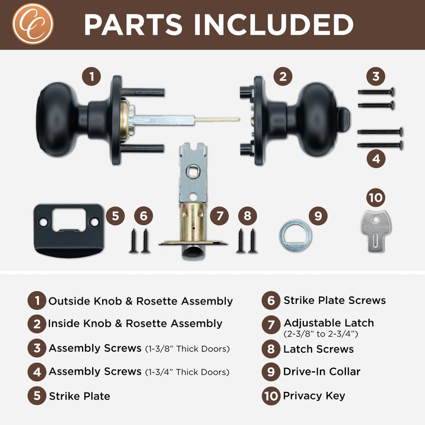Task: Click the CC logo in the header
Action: pos(33,24)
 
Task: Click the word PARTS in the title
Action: pos(133,24)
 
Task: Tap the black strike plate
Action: pos(69,230)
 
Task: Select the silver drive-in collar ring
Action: pos(296,236)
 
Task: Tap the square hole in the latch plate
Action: pos(193,172)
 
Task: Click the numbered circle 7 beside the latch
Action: pos(219,216)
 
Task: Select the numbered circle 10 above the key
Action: pos(375,198)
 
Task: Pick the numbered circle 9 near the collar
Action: pos(318,216)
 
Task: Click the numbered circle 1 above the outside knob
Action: pos(91,76)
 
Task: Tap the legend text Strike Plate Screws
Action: pos(335,300)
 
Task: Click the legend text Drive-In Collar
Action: pos(322,372)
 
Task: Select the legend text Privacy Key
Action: pos(314,396)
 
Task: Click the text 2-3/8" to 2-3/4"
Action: pos(321,334)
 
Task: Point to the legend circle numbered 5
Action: pos(37,395)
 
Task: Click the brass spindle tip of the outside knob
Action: pos(217,119)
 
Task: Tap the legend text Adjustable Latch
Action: pos(329,323)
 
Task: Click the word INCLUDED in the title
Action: pos(274,24)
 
